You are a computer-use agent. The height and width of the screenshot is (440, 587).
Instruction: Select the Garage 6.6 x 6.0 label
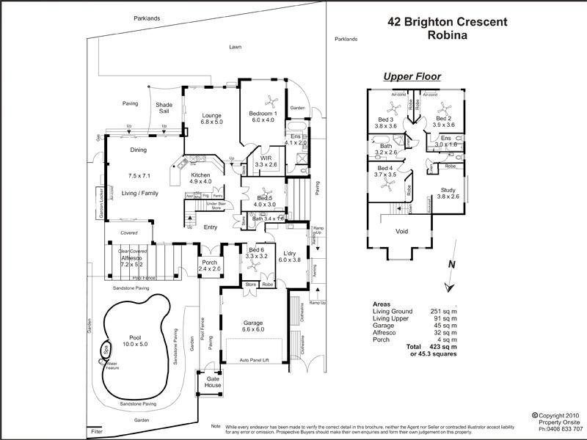pos(258,326)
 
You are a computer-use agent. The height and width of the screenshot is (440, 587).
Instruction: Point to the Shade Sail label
pos(164,108)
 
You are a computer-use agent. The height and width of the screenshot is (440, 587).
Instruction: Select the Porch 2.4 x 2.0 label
pos(210,265)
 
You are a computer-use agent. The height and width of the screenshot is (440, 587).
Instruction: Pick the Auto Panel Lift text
pos(258,360)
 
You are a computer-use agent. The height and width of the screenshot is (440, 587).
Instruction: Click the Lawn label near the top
pos(235,46)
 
